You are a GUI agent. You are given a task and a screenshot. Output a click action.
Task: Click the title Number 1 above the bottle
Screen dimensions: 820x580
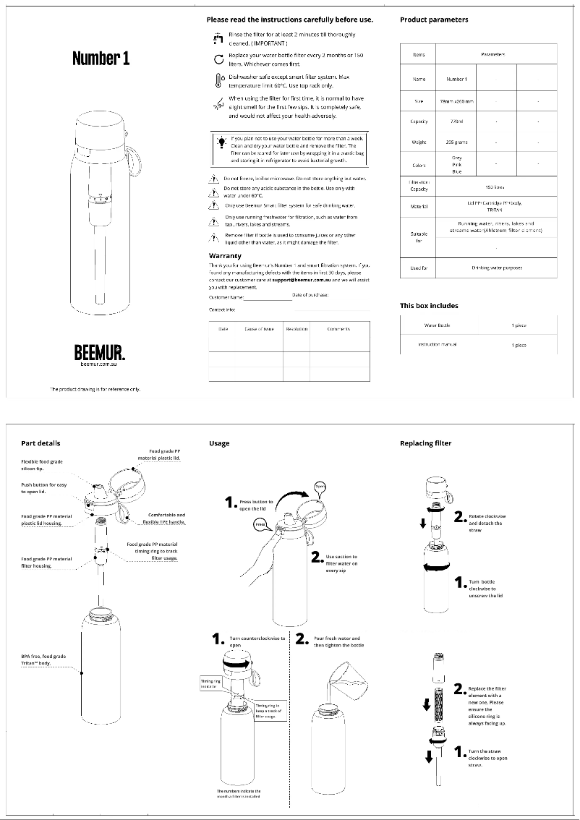pos(101,59)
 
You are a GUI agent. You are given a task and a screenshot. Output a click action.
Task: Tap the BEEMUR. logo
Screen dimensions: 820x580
pos(100,353)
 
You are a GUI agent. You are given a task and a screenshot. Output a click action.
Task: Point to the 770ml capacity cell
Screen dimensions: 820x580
pos(456,121)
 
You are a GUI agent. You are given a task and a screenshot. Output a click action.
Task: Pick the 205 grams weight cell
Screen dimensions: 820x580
pos(456,142)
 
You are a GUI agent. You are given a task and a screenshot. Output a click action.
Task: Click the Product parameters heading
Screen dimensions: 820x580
pos(434,20)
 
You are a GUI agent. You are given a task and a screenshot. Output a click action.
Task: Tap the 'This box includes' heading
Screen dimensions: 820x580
pos(429,305)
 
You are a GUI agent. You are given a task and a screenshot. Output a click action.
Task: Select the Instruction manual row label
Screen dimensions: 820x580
pos(438,345)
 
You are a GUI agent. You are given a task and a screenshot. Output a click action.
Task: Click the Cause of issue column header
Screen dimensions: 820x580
pos(259,329)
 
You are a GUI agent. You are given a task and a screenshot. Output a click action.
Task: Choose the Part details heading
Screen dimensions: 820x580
pos(40,443)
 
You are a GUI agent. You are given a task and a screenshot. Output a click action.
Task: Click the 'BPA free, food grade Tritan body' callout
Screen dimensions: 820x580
pos(43,659)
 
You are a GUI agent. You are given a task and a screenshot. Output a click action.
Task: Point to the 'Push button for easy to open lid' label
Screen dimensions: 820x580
pos(43,488)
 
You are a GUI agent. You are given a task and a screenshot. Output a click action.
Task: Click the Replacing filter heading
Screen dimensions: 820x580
pos(426,443)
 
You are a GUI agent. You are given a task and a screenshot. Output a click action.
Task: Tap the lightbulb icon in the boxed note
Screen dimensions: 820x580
pos(221,142)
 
